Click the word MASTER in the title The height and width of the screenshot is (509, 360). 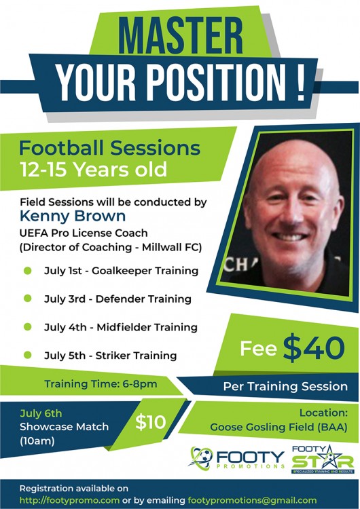click(x=180, y=35)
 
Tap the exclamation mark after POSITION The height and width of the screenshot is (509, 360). click(x=301, y=82)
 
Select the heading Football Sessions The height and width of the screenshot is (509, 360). click(x=110, y=148)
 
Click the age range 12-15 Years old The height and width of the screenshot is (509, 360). click(x=93, y=169)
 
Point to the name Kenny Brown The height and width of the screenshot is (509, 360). click(x=73, y=216)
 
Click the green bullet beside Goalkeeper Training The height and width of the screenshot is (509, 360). click(x=28, y=270)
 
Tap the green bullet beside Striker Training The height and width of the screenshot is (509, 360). click(x=28, y=355)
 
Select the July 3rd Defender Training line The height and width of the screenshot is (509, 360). click(x=118, y=299)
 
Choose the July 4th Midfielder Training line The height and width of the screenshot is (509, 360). click(x=121, y=327)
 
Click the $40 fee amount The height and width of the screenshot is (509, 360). click(x=314, y=347)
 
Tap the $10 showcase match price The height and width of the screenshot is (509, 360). click(x=150, y=422)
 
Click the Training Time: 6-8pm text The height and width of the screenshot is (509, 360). click(x=101, y=384)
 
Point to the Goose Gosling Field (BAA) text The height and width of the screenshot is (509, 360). click(x=278, y=427)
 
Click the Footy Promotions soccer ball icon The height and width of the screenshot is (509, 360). click(x=202, y=457)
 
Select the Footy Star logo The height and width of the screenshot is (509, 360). click(x=323, y=459)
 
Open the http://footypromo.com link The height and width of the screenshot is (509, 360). click(x=69, y=500)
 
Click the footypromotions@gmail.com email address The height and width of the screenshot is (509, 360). click(x=252, y=500)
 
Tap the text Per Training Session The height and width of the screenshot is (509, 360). click(x=285, y=386)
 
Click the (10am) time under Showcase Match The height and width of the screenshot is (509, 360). click(x=37, y=441)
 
